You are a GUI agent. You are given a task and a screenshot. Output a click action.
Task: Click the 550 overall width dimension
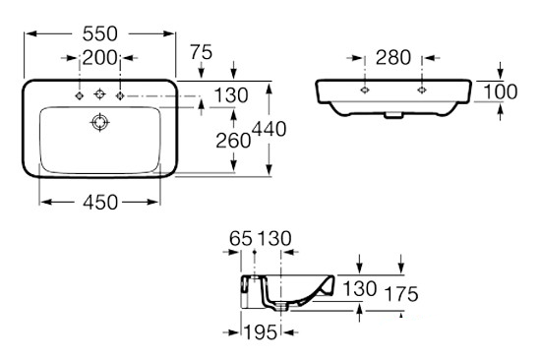[100, 33]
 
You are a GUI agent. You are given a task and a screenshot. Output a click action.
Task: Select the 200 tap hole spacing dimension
[99, 58]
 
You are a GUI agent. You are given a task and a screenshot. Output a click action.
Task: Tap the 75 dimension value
[202, 52]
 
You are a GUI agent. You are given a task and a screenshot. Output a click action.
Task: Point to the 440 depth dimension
[270, 129]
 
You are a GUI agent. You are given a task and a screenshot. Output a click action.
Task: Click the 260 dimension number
[233, 141]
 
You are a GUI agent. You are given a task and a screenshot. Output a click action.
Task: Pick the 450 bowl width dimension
[100, 203]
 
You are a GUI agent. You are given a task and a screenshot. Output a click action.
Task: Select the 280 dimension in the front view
[393, 58]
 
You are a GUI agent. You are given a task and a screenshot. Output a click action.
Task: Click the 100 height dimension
[501, 91]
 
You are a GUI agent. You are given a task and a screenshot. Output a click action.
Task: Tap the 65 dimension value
[241, 238]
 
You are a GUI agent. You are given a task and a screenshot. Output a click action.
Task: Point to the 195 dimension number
[261, 332]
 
